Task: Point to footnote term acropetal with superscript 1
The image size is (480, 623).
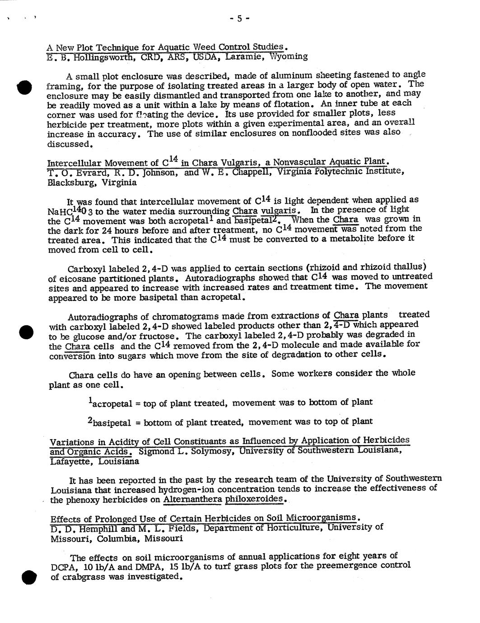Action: click(x=110, y=403)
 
